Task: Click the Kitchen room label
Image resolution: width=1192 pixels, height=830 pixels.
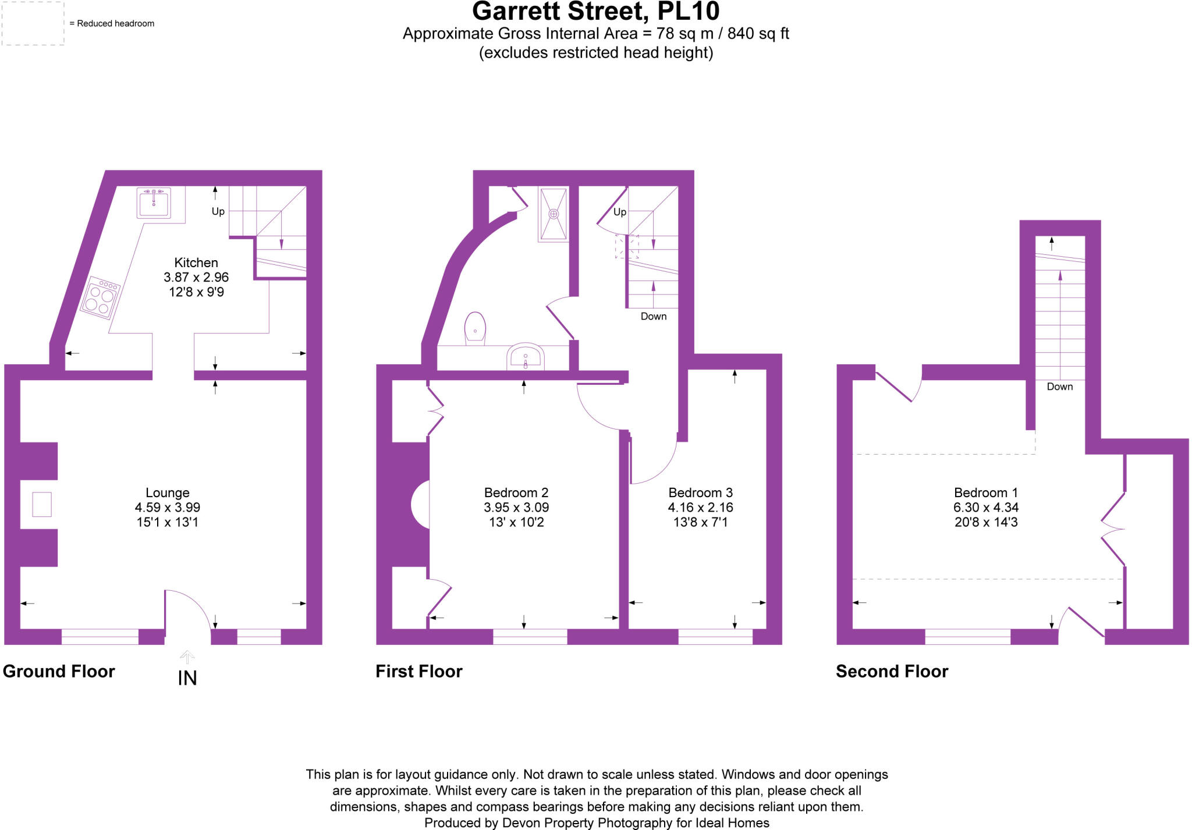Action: click(196, 263)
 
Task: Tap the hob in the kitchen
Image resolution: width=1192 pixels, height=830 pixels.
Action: click(100, 299)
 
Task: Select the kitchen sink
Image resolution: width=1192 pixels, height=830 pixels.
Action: click(154, 202)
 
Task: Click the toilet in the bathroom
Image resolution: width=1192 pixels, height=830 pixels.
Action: click(475, 329)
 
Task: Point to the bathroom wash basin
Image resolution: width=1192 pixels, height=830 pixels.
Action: click(526, 357)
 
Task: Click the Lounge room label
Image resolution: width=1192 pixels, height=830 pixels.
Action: click(168, 493)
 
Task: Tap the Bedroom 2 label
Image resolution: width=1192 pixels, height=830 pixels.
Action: click(516, 493)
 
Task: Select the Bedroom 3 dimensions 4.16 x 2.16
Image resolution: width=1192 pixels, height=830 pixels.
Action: click(700, 508)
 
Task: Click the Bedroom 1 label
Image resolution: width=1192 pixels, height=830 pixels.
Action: click(986, 493)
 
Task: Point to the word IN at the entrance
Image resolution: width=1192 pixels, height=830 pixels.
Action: click(187, 678)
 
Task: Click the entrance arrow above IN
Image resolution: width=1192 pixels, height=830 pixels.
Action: click(187, 657)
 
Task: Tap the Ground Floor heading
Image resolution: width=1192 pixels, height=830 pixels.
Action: click(59, 671)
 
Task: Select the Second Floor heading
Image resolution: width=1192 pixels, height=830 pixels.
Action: click(892, 671)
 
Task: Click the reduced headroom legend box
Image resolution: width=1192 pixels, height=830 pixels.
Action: click(33, 23)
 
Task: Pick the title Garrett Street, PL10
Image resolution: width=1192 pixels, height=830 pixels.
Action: click(595, 11)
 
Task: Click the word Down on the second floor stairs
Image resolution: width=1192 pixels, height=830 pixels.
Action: click(1059, 386)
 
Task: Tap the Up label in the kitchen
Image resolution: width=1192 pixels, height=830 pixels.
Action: click(218, 211)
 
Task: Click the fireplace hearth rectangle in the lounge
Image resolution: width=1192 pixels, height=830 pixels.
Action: click(42, 504)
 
